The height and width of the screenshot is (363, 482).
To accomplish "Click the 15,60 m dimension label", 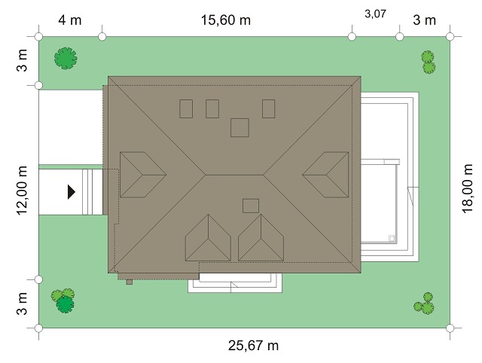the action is click(226, 20).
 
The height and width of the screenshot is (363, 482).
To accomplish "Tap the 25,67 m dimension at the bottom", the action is click(253, 346).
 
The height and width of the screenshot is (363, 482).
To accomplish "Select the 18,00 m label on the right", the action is click(467, 188).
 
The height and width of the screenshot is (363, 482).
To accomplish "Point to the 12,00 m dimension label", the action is click(22, 191).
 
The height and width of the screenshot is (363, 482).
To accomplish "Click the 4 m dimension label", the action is click(70, 20).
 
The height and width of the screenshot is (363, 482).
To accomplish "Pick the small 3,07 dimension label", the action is click(375, 14).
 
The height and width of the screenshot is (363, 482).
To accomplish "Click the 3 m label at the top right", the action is click(424, 20).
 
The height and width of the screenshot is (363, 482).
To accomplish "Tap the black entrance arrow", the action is click(72, 192).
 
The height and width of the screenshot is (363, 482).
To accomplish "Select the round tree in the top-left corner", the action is click(66, 58).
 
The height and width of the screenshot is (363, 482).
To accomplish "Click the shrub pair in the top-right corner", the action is click(428, 62).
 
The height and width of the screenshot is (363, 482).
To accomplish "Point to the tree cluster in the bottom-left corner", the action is click(63, 300).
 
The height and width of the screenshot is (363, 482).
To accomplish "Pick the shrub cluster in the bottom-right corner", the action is click(424, 304).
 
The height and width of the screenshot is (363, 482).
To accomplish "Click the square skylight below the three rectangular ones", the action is click(239, 127).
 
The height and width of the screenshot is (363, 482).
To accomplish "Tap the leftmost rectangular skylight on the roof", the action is click(186, 108).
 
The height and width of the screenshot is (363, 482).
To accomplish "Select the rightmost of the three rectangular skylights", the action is click(268, 108).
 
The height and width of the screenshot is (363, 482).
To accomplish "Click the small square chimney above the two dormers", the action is click(251, 206).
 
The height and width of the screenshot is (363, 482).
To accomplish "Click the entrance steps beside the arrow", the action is click(92, 192).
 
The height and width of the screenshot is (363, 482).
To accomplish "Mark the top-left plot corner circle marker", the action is click(38, 37).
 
